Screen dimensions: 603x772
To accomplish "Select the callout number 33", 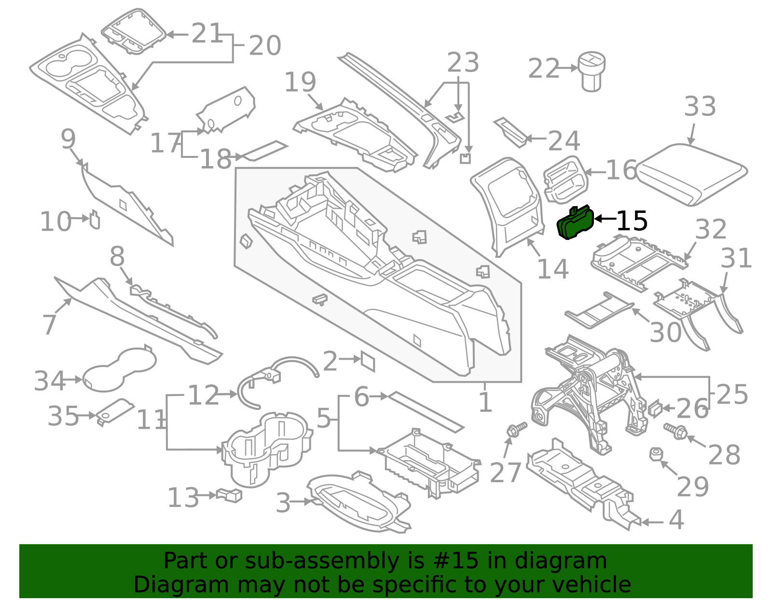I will (x=700, y=107).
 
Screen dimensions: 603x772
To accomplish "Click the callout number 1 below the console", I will (x=485, y=402).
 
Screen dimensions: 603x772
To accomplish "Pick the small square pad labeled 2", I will (x=368, y=361).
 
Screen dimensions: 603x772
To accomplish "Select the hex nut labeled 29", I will (x=655, y=454).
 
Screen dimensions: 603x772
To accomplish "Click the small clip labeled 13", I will (x=230, y=495).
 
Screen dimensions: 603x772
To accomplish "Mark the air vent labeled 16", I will (x=565, y=179).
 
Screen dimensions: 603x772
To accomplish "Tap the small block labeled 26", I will (x=654, y=408).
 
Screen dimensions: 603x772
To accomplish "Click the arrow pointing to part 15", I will (x=605, y=219).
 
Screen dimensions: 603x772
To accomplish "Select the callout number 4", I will (x=676, y=520).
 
